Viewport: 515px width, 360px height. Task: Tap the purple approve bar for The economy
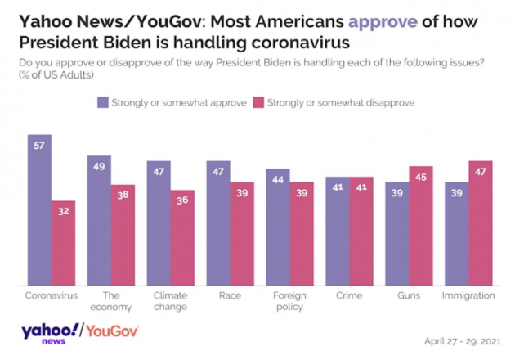tap(99, 220)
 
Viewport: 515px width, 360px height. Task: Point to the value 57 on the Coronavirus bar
tap(39, 145)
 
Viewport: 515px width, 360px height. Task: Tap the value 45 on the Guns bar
tap(420, 177)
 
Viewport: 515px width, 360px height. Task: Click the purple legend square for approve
tap(102, 102)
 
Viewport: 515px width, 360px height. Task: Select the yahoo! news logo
tap(51, 334)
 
